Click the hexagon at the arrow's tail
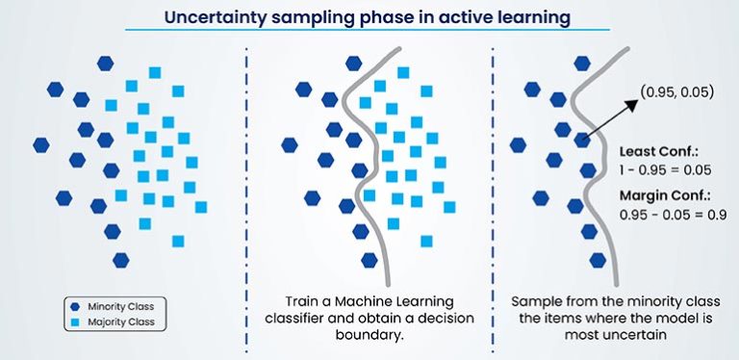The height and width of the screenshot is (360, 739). (581, 141)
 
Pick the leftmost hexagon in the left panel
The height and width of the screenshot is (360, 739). (41, 145)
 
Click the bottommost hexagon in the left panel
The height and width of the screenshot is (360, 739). (120, 260)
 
